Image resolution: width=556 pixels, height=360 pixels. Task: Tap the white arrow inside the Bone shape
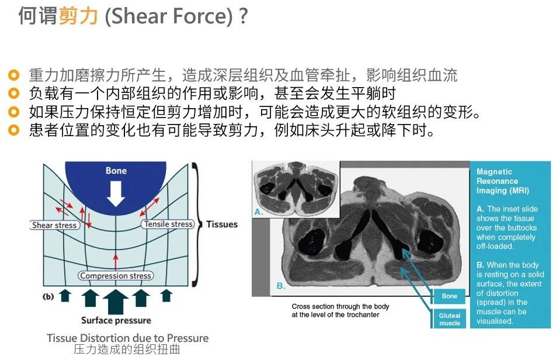(116, 193)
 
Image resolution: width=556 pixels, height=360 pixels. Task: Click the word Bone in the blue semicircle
(116, 171)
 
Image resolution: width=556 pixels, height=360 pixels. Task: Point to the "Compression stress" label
(116, 276)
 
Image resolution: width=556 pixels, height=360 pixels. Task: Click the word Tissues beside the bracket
(222, 224)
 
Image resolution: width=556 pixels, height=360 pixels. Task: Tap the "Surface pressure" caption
(116, 320)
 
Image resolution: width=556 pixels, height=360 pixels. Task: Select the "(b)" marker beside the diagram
(48, 296)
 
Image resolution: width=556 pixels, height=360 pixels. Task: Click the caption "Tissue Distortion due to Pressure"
(127, 338)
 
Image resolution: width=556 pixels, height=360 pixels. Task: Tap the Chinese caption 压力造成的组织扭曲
(127, 350)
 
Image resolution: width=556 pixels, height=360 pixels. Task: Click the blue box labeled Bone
(450, 296)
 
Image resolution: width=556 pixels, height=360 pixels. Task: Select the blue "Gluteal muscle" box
(450, 319)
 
